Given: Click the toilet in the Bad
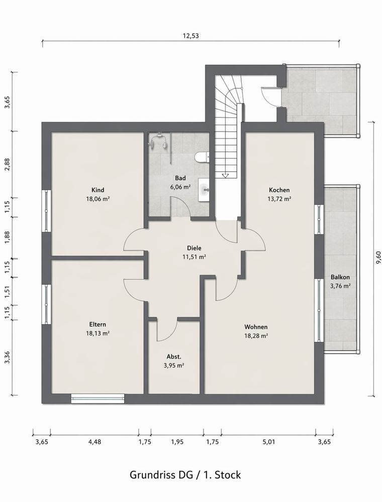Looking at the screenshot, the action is pyautogui.click(x=202, y=157).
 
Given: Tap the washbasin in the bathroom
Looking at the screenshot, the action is pyautogui.click(x=204, y=190).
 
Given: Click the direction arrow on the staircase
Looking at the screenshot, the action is pyautogui.click(x=225, y=175).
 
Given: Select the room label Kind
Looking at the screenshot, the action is pyautogui.click(x=98, y=190).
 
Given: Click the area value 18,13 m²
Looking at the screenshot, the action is pyautogui.click(x=98, y=333).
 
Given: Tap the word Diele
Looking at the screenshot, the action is pyautogui.click(x=194, y=248).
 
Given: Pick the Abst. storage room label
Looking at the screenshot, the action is pyautogui.click(x=174, y=356).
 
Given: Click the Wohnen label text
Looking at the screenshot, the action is pyautogui.click(x=256, y=327).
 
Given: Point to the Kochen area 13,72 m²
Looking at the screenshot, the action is pyautogui.click(x=279, y=199).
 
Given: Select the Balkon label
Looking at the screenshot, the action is pyautogui.click(x=340, y=277).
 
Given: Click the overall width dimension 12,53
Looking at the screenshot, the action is pyautogui.click(x=190, y=36).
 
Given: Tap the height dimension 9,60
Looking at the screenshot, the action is pyautogui.click(x=378, y=258).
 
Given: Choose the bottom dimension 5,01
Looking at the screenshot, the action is pyautogui.click(x=269, y=442).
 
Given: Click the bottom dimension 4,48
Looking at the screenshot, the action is pyautogui.click(x=94, y=442).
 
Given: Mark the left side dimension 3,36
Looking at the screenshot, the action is pyautogui.click(x=7, y=357).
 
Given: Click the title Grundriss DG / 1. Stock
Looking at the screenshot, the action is pyautogui.click(x=185, y=474).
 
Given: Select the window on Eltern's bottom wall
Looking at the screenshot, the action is pyautogui.click(x=98, y=398).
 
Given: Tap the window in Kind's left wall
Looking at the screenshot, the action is pyautogui.click(x=47, y=211).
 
